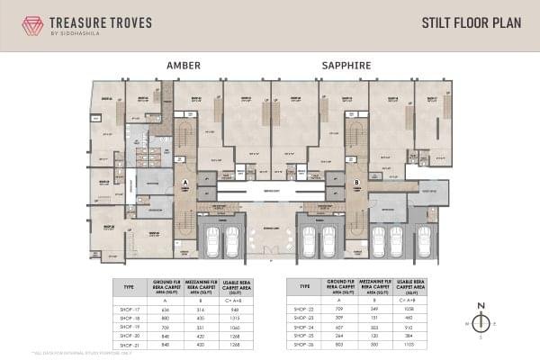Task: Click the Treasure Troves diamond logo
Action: [x=33, y=24]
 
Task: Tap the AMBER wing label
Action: [x=184, y=66]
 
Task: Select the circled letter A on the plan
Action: [x=184, y=183]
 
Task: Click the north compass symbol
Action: [x=481, y=322]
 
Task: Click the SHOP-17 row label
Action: [x=130, y=309]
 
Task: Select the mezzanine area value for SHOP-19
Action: [x=201, y=326]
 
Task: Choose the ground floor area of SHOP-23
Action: [x=339, y=318]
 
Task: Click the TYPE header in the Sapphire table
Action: [x=305, y=285]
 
